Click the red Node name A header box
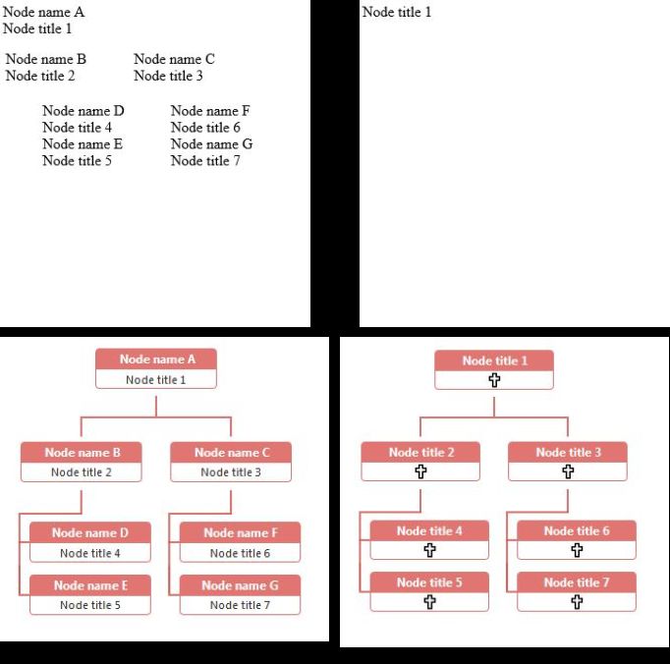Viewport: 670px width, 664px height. [x=156, y=360]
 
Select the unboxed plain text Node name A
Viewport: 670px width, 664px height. [x=44, y=13]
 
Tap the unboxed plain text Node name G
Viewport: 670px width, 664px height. [x=211, y=144]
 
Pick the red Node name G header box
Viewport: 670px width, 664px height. [x=240, y=585]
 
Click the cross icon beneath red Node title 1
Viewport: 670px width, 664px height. [x=494, y=380]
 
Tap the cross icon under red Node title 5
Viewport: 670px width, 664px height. [x=429, y=602]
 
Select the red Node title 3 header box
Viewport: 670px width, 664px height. [x=568, y=453]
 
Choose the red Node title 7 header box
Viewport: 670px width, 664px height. [x=577, y=582]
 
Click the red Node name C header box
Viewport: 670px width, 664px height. [x=231, y=453]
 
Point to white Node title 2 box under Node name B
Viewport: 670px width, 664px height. [x=82, y=472]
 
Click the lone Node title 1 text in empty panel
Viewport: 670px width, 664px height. [x=397, y=13]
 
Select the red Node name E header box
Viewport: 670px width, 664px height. [x=90, y=585]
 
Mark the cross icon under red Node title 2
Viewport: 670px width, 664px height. [x=420, y=471]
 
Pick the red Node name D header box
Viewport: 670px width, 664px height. [x=90, y=532]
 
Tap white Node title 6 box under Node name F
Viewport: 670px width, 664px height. [x=240, y=553]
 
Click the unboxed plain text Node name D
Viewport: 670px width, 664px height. [x=84, y=111]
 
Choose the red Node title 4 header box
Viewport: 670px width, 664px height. [x=429, y=531]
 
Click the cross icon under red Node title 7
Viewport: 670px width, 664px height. [x=577, y=602]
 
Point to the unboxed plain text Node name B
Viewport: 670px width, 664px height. [x=46, y=59]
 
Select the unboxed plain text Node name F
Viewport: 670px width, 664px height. [x=210, y=111]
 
